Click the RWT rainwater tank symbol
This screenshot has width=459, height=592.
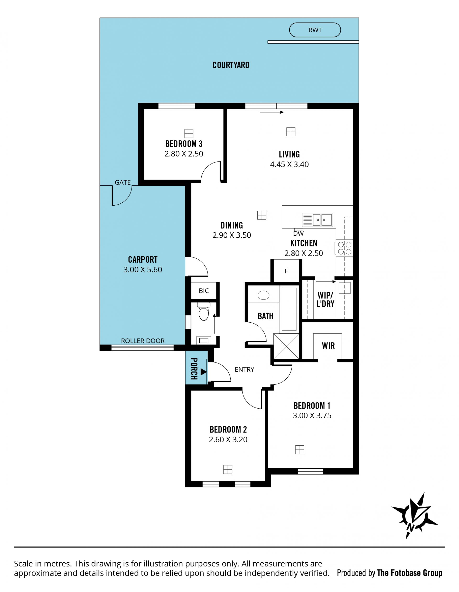(x=315, y=30)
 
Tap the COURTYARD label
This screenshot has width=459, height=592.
(x=231, y=65)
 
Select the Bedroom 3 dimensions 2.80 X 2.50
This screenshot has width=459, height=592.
(x=184, y=154)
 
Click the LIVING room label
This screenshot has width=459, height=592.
(x=289, y=154)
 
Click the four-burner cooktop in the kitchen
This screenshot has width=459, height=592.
(x=344, y=248)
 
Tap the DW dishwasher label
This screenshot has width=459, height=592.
(x=298, y=233)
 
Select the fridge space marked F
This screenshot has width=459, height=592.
(x=286, y=271)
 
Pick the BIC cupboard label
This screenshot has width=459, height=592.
(x=204, y=291)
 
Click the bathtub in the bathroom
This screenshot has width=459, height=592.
(x=289, y=309)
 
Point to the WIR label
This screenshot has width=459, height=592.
(x=328, y=346)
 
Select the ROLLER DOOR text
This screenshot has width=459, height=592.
(x=143, y=341)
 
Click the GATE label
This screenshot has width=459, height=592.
(x=123, y=182)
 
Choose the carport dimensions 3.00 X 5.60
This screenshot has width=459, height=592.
(x=143, y=270)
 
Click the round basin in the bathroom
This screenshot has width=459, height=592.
(x=263, y=295)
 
